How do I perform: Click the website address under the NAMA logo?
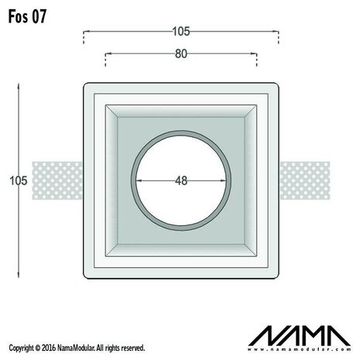(x=298, y=351)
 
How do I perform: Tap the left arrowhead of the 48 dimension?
(x=140, y=180)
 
